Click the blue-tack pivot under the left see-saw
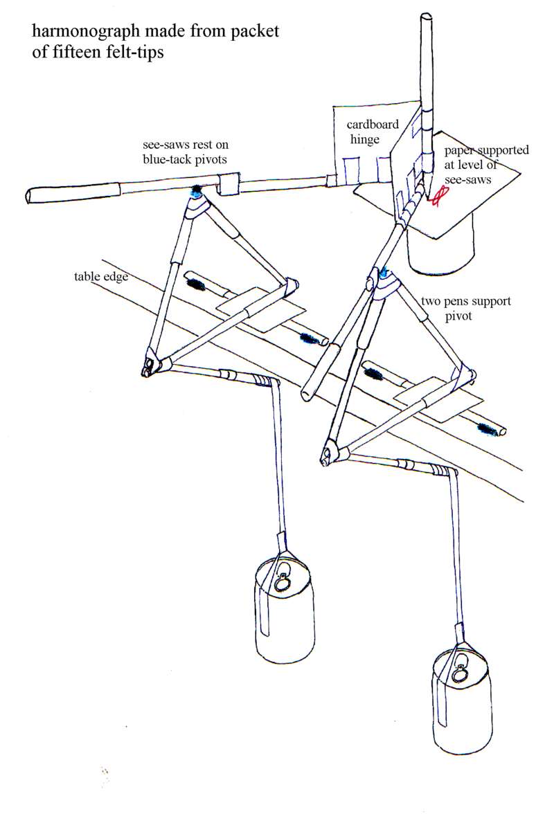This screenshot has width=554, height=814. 196,189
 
